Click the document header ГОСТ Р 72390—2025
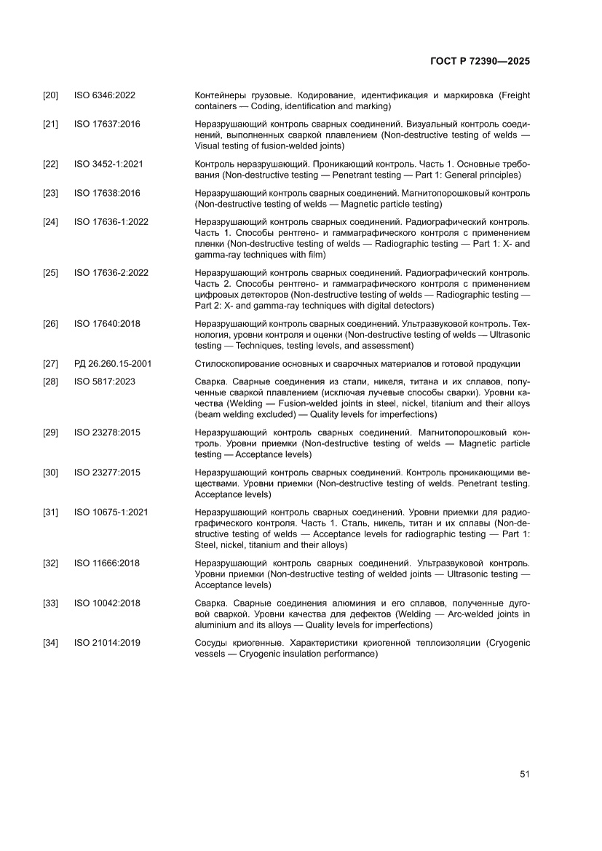coord(479,61)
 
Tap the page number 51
coord(524,773)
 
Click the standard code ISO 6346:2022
coord(105,95)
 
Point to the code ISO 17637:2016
coord(107,124)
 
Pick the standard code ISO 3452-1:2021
coord(108,164)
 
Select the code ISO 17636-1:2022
coord(111,221)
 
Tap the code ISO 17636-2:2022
coord(111,272)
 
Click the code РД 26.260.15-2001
coord(113,364)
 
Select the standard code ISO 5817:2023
coord(105,381)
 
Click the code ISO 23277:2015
coord(107,472)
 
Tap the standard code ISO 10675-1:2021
coord(111,512)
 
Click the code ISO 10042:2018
coord(107,603)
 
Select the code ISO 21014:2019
coord(107,643)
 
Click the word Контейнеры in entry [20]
coord(223,95)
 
